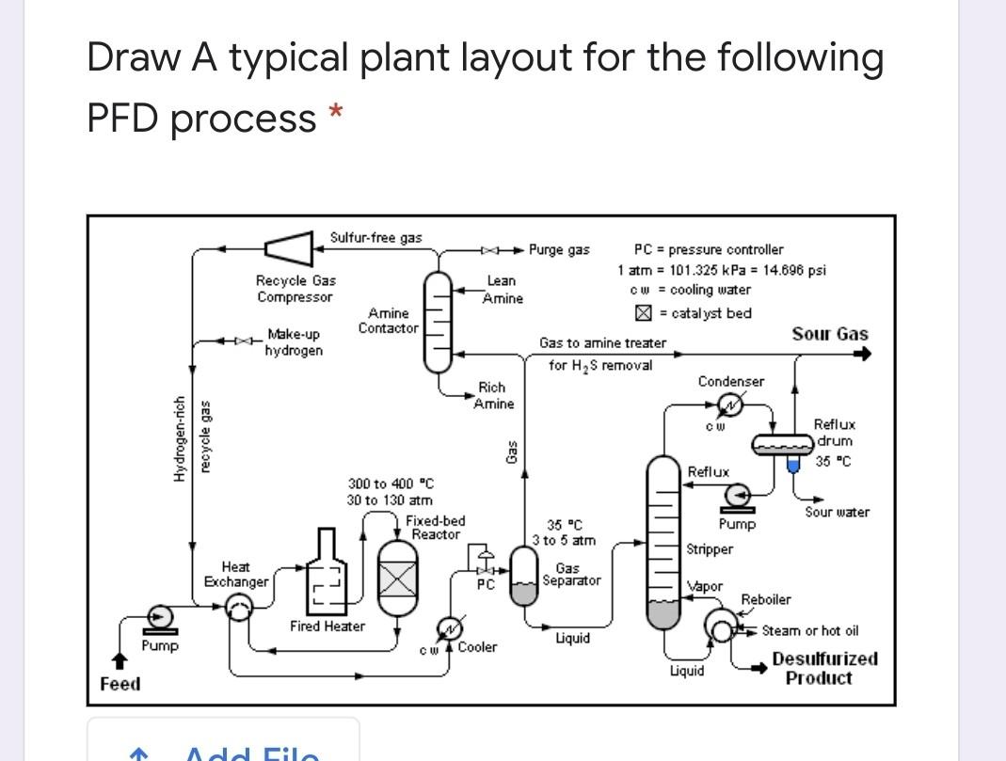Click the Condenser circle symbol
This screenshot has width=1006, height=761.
tap(729, 405)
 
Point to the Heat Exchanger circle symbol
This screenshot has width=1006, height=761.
tap(241, 610)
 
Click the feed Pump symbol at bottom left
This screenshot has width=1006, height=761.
tap(160, 617)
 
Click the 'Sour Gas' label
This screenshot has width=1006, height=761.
tap(829, 334)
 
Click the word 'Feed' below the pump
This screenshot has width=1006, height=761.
tap(120, 684)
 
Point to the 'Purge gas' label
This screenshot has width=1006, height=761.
tap(559, 249)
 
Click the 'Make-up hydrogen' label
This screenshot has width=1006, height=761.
tap(294, 342)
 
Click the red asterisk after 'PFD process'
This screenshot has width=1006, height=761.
tap(334, 114)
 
